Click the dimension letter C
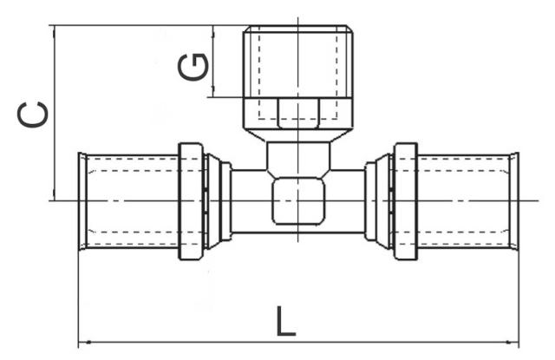click(33, 114)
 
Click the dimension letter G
click(196, 66)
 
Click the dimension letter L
click(285, 323)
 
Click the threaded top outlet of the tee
click(297, 61)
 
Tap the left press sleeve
click(130, 200)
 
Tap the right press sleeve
click(464, 200)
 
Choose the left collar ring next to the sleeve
click(190, 200)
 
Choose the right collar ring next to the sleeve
click(405, 200)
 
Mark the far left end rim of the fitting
click(82, 200)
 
